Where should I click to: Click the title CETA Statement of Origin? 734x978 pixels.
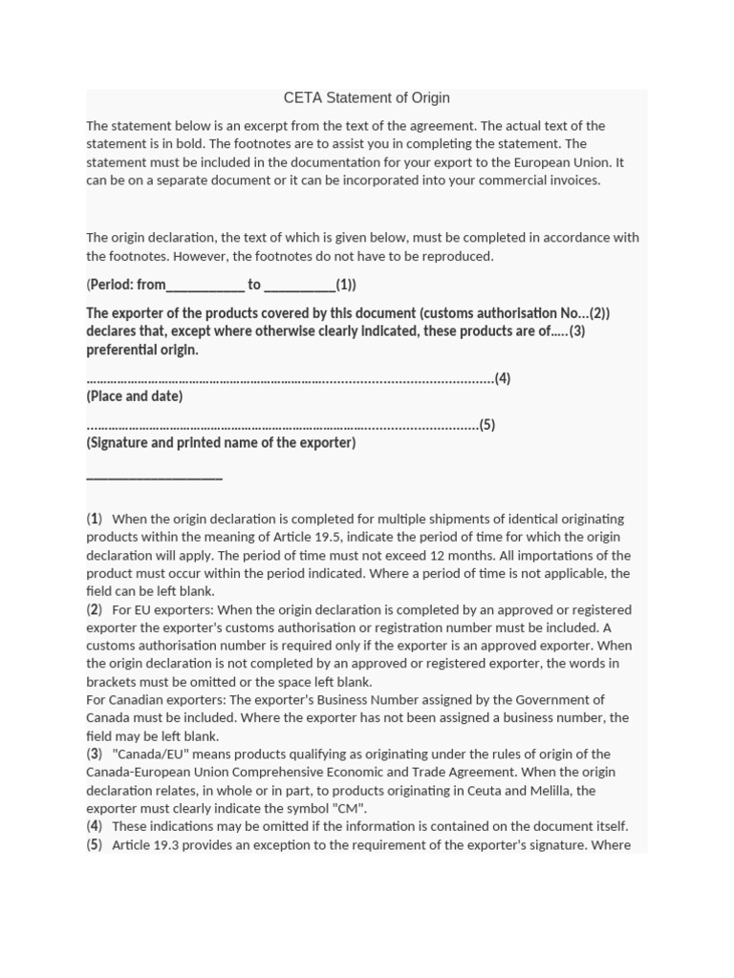pyautogui.click(x=366, y=97)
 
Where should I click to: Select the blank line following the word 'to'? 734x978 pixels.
pyautogui.click(x=298, y=285)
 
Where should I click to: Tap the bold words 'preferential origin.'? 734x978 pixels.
pyautogui.click(x=142, y=350)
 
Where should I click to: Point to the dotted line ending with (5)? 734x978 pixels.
pyautogui.click(x=282, y=425)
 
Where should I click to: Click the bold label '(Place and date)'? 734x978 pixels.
pyautogui.click(x=135, y=395)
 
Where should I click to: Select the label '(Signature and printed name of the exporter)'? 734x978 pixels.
pyautogui.click(x=221, y=442)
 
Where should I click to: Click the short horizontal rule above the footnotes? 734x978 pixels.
pyautogui.click(x=154, y=477)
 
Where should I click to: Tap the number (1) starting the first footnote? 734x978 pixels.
pyautogui.click(x=95, y=519)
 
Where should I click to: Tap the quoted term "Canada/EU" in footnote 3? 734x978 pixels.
pyautogui.click(x=144, y=754)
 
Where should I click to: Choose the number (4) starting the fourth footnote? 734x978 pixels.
pyautogui.click(x=95, y=826)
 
